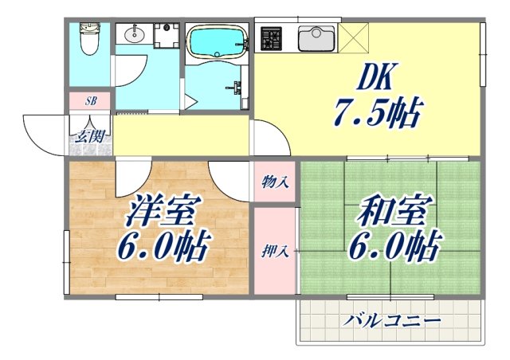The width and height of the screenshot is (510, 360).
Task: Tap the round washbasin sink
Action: coord(132,35)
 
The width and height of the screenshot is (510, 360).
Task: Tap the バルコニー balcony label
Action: coord(392,322)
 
